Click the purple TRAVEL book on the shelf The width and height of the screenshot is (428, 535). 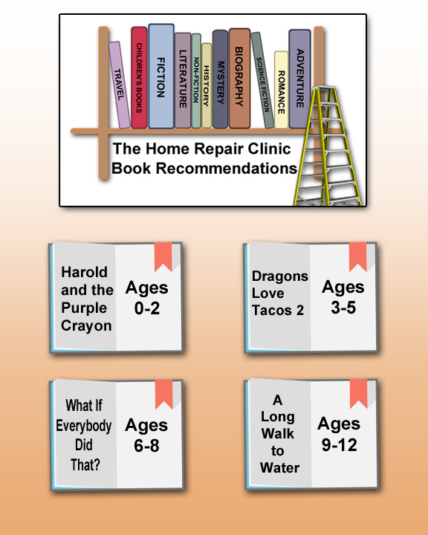(x=120, y=85)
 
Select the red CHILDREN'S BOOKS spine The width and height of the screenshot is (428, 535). (x=139, y=78)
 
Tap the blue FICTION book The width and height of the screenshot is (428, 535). (x=161, y=76)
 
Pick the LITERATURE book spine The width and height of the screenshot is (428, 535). (x=183, y=80)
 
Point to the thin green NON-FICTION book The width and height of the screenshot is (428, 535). (x=196, y=81)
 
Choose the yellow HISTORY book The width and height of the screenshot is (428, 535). (x=207, y=85)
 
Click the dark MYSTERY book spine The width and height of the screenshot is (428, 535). (x=220, y=80)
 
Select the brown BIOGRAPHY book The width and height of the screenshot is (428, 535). (x=239, y=79)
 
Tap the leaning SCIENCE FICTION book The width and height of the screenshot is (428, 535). (x=262, y=80)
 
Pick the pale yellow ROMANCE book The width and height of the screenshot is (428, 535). (x=281, y=90)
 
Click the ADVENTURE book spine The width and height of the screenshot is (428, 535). (x=299, y=79)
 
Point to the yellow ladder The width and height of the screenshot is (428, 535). (x=327, y=146)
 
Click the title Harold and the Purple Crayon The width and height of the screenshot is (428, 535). (x=87, y=299)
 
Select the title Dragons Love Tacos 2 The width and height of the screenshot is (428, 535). (x=280, y=293)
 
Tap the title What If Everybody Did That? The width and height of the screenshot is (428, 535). (x=84, y=435)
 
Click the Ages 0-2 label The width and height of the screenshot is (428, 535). (x=147, y=298)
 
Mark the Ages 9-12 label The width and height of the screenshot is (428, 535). (x=339, y=435)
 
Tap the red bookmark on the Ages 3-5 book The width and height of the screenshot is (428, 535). (x=357, y=256)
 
